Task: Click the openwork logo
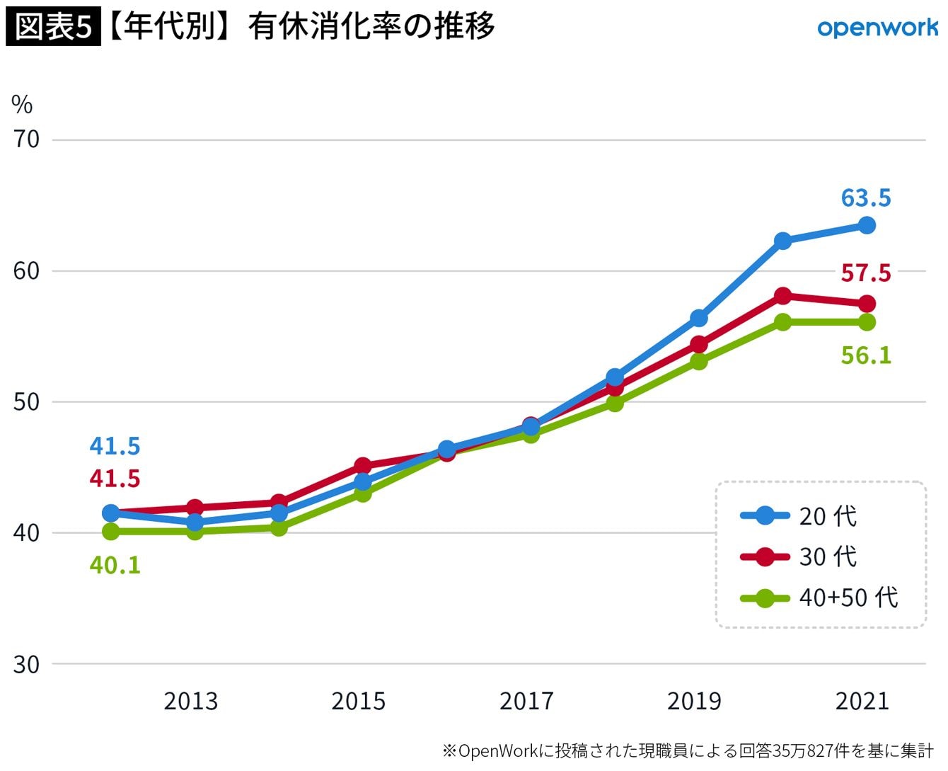877,28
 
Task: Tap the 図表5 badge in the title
54,28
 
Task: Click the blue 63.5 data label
866,198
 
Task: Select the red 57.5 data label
866,273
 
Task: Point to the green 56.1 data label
866,355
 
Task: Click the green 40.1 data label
115,565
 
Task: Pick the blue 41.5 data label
115,446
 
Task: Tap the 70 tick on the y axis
26,139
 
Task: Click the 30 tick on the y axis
26,664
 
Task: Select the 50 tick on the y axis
26,402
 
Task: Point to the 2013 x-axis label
191,701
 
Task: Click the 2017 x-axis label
526,701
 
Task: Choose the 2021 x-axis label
862,701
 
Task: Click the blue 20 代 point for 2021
867,226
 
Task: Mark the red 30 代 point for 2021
867,304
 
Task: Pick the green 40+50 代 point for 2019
699,362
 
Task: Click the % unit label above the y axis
22,105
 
